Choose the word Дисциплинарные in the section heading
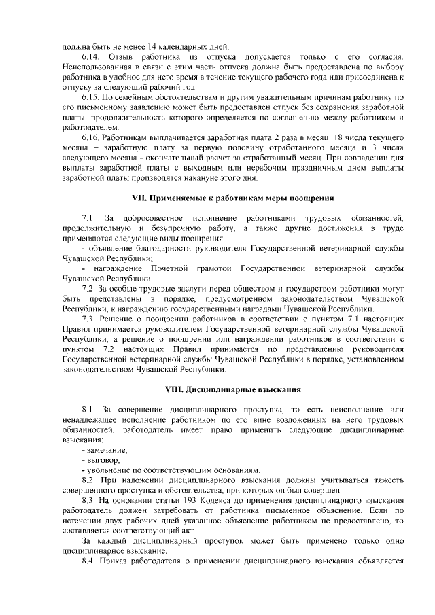220,390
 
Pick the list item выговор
102,461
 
